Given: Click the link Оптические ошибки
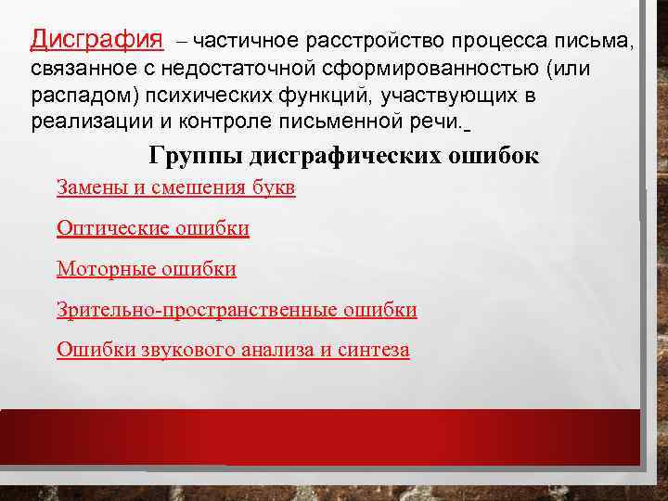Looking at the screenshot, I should pyautogui.click(x=153, y=228).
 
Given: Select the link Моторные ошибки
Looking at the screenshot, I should pyautogui.click(x=147, y=269).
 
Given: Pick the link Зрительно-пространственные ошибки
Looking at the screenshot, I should pyautogui.click(x=237, y=310).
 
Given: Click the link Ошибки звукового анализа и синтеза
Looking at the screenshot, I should pyautogui.click(x=233, y=350).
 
